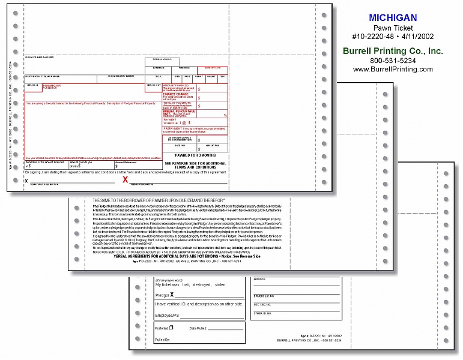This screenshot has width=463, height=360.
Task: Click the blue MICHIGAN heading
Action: click(394, 18)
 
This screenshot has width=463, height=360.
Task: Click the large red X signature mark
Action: click(126, 179)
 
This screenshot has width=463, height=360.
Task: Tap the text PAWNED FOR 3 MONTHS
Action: click(195, 155)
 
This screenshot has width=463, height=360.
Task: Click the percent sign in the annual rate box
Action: click(225, 115)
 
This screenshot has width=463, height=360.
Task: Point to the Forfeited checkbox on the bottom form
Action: click(171, 328)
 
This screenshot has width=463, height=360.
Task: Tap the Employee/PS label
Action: click(169, 315)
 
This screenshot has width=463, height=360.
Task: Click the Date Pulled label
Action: click(198, 328)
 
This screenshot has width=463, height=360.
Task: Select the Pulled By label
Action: click(162, 340)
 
